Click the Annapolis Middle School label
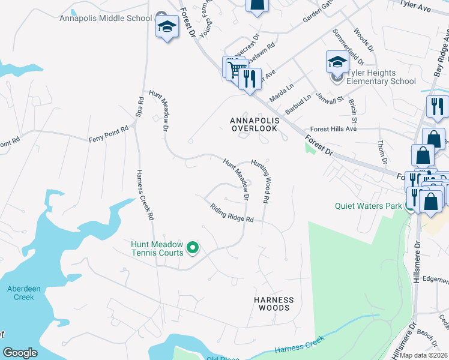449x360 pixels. (x=106, y=18)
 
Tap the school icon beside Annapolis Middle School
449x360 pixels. (x=166, y=27)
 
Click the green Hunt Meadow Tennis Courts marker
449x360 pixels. (x=193, y=247)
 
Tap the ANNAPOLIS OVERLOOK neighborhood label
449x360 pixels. (x=255, y=124)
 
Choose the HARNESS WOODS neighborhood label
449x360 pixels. (x=274, y=304)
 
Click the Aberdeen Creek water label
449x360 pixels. (x=24, y=293)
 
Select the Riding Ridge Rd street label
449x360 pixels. (x=232, y=214)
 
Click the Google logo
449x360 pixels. (x=20, y=353)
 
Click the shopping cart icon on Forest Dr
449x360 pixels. (x=234, y=69)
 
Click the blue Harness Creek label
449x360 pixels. (x=299, y=345)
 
